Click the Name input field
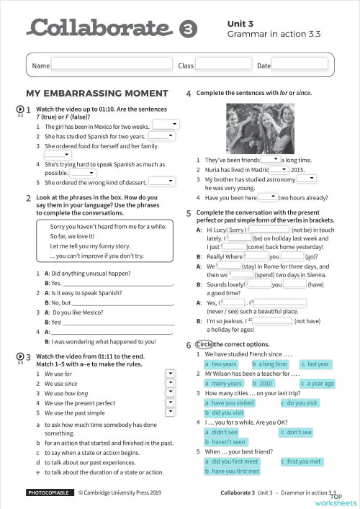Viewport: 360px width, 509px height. pyautogui.click(x=112, y=66)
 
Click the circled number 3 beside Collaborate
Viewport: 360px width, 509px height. pyautogui.click(x=186, y=29)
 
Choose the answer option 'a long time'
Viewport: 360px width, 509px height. pyautogui.click(x=269, y=364)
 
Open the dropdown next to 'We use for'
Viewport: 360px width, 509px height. pyautogui.click(x=170, y=374)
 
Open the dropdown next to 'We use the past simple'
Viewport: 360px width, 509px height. pyautogui.click(x=170, y=413)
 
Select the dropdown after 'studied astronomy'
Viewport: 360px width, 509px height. pyautogui.click(x=307, y=178)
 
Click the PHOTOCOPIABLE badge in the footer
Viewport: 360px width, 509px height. pyautogui.click(x=49, y=494)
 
